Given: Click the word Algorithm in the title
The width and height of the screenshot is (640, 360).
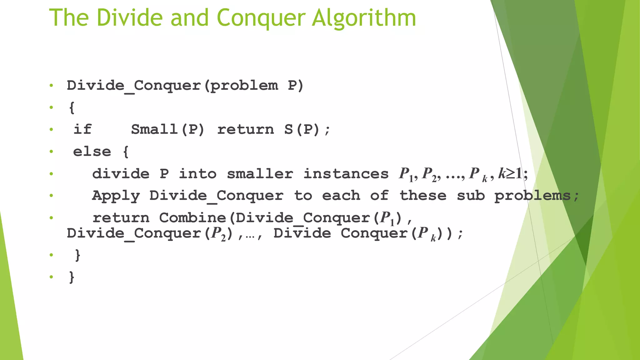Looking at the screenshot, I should coord(364,18).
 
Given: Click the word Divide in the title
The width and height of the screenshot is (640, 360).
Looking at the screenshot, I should coord(130,18).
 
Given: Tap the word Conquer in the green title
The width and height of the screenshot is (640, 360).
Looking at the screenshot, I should coord(261,18).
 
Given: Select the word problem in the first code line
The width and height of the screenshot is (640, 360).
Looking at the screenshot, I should coord(244,86).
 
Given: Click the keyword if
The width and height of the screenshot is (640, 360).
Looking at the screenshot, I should coord(82,129).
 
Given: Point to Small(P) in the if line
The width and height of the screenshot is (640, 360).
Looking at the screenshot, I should coord(167,129).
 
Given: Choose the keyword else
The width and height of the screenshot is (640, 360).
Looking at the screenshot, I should coord(92,152).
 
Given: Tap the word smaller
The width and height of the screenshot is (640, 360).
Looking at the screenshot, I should coord(260,174).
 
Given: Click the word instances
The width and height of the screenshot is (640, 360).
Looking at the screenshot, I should coord(346,174).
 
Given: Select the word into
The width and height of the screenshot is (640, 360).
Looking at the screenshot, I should coord(197,174).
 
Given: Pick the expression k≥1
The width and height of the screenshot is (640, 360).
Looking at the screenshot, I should coord(510,173).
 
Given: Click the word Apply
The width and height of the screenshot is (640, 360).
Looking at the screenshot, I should coord(116,196).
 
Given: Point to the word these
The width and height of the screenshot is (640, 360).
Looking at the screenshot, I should coord(423,196).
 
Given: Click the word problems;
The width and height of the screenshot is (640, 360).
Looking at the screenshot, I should coord(537,196).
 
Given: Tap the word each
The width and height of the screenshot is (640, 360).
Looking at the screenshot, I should coord(341,196).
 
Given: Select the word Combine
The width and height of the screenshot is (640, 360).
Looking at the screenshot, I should coord(192,218).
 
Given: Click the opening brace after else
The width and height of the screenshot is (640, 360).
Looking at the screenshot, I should coord(126,152).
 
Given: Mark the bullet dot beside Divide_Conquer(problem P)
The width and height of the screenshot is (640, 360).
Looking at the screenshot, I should coord(51,85).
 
